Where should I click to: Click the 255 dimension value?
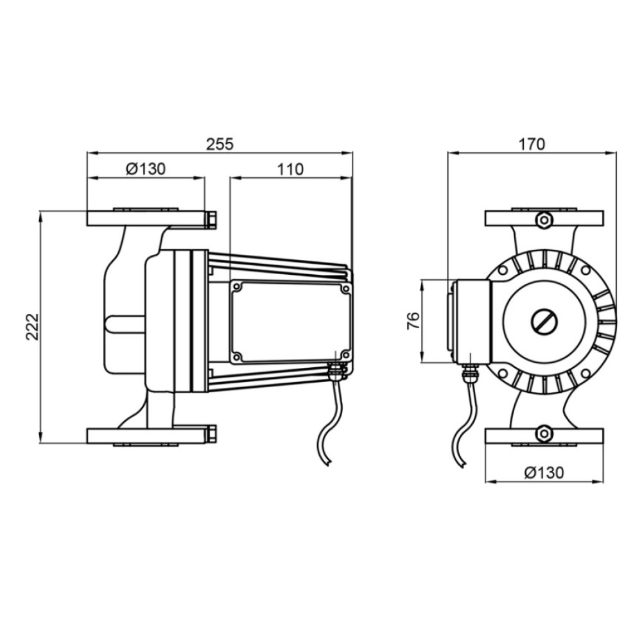pyautogui.click(x=220, y=144)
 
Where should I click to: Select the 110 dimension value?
pyautogui.click(x=290, y=169)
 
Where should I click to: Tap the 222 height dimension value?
pyautogui.click(x=32, y=327)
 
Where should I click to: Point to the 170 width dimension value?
pyautogui.click(x=532, y=144)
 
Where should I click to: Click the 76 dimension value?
pyautogui.click(x=413, y=321)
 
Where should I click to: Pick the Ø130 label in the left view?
pyautogui.click(x=146, y=169)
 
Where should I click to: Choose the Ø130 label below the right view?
pyautogui.click(x=544, y=473)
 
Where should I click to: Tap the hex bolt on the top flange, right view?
pyautogui.click(x=544, y=220)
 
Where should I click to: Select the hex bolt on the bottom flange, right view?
pyautogui.click(x=544, y=433)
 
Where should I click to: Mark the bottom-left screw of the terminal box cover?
pyautogui.click(x=237, y=356)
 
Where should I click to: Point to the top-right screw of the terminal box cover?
pyautogui.click(x=345, y=289)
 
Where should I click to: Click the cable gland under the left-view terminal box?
pyautogui.click(x=336, y=371)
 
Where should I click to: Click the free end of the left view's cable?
pyautogui.click(x=328, y=464)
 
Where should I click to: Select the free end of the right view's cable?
pyautogui.click(x=463, y=465)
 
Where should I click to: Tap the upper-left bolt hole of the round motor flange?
pyautogui.click(x=503, y=270)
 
